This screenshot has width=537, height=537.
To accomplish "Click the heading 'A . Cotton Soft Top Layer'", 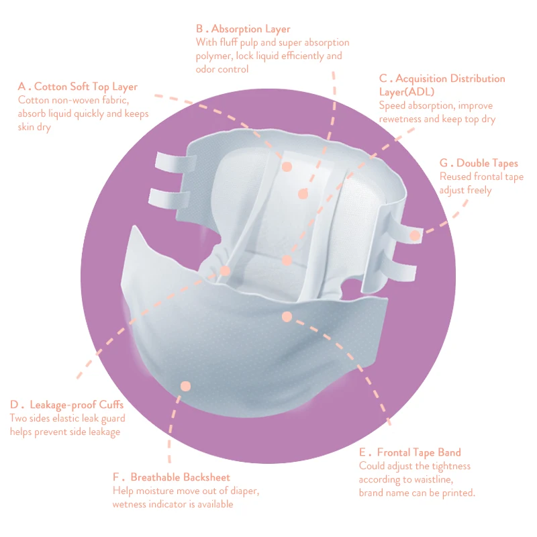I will point(78,87).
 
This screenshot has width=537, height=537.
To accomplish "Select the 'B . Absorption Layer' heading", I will point(243,29).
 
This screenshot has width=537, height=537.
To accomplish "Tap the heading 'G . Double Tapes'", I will point(479,163).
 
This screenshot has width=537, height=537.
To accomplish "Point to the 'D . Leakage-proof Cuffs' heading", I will point(66,405).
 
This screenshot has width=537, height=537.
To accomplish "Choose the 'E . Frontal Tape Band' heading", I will point(409,452).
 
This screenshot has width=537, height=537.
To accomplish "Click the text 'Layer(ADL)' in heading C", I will point(407,91).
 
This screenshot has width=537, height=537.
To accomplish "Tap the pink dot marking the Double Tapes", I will point(415,236).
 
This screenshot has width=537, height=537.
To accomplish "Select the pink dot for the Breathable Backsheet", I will point(186,386).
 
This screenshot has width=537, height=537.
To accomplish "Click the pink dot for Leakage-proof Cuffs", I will point(225,271).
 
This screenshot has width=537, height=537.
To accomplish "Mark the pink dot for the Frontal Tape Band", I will point(287,315).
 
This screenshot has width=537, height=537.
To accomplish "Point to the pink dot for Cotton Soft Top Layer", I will point(287,166).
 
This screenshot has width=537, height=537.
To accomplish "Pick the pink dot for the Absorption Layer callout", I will point(303,194).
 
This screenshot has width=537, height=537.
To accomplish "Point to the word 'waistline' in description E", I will point(432,479).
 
